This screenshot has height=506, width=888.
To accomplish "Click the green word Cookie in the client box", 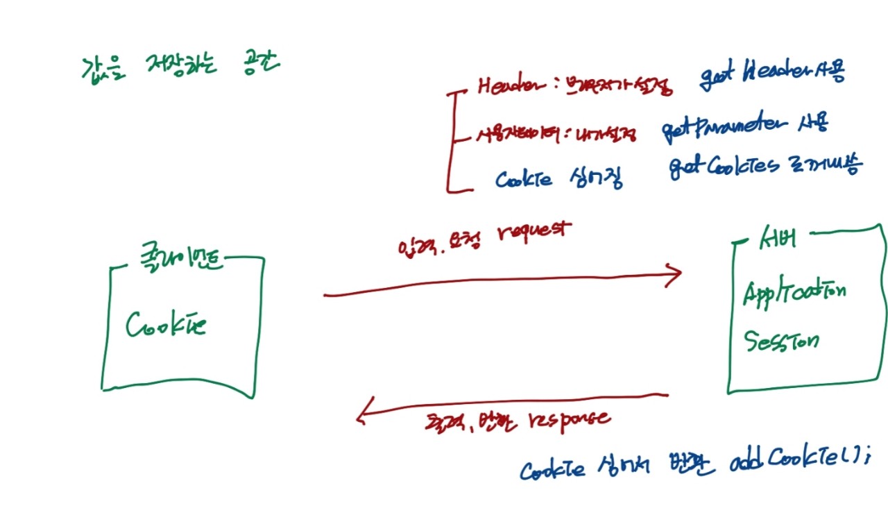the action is (166, 324).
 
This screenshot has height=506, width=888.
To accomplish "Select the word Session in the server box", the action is (781, 340).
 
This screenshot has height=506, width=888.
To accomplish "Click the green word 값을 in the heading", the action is (101, 67).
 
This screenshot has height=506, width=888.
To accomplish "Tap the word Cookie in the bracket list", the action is (524, 179).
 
